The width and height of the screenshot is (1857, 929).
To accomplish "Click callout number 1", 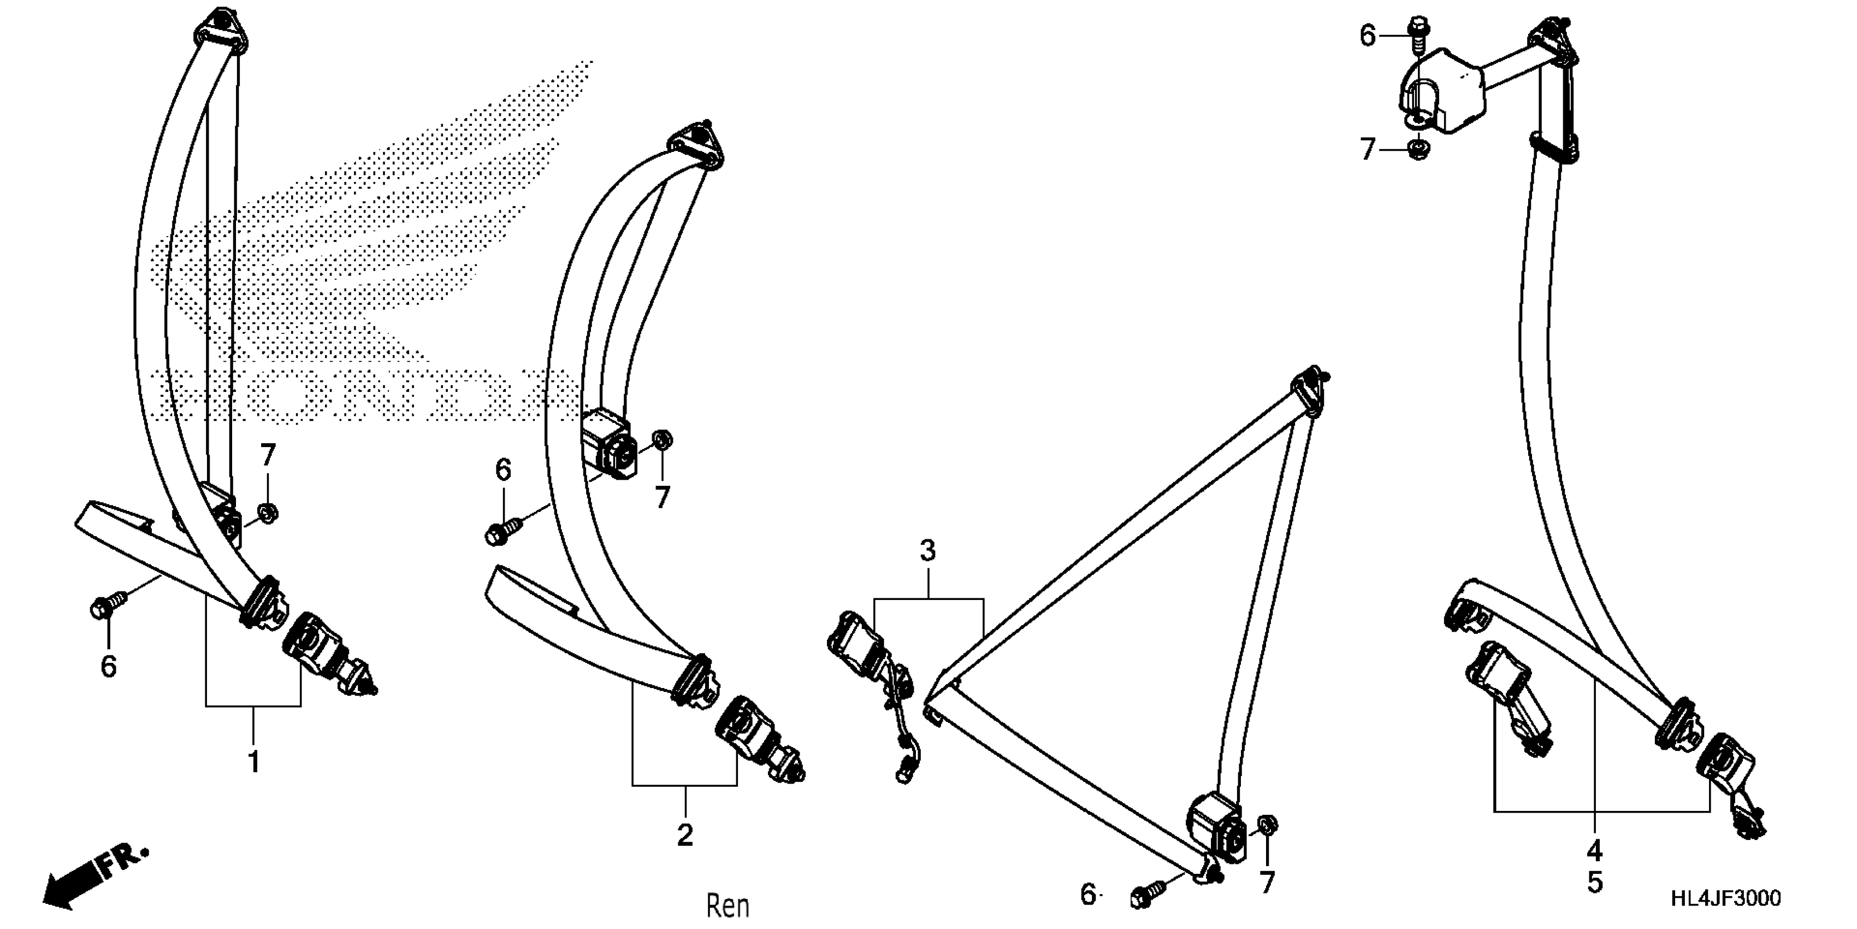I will (253, 762).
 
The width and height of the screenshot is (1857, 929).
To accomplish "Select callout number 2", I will (685, 834).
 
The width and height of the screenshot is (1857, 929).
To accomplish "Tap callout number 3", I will (928, 551).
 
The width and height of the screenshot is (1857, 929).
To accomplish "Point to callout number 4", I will (1595, 851).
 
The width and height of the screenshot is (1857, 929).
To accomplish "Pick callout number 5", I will (1595, 883).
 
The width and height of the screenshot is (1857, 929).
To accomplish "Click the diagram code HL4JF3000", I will (1726, 898).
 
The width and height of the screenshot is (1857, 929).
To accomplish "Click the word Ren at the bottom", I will (728, 905).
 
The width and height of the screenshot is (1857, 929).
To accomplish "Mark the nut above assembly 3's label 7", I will (1267, 825).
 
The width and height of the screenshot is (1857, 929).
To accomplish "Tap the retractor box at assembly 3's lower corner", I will (1217, 827).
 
